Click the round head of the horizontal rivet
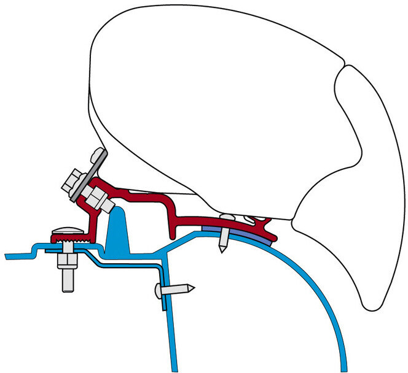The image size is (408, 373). (x=159, y=292)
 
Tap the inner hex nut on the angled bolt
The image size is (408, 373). (x=97, y=198)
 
